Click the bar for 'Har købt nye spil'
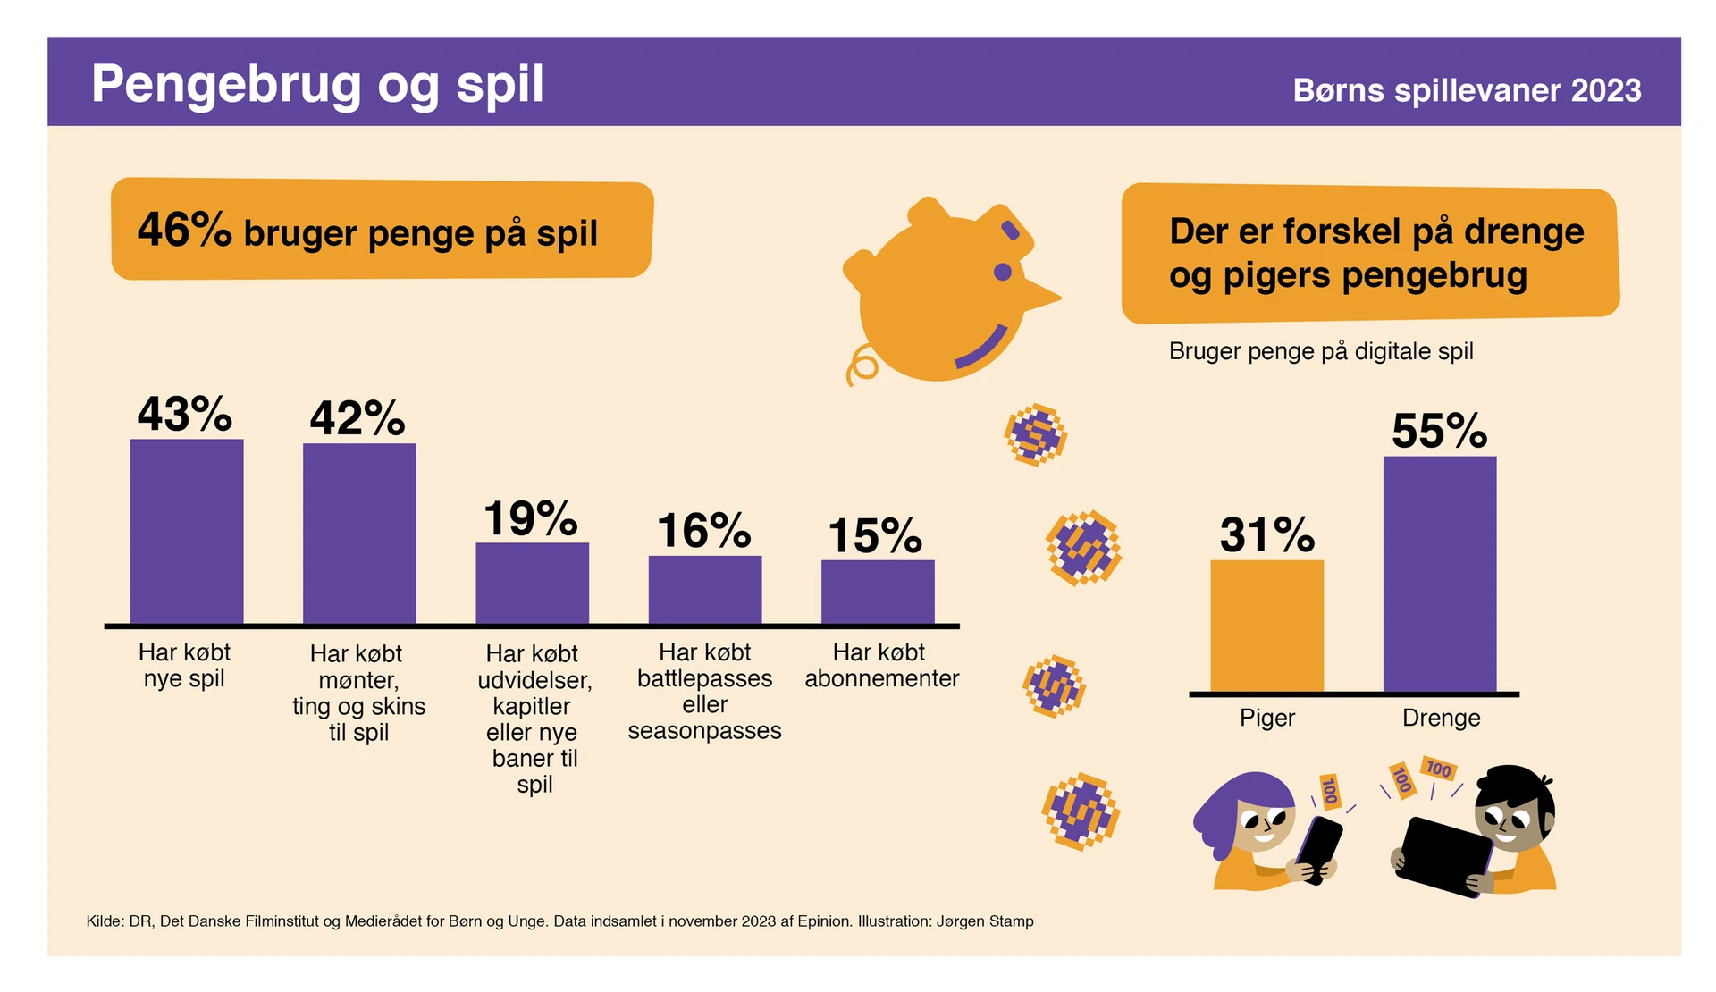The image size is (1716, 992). pos(187,531)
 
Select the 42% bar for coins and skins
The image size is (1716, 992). pos(359,534)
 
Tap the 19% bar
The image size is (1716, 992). pos(532,583)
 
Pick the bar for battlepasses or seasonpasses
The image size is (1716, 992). pos(705,590)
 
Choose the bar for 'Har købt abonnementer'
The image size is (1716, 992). pos(878,592)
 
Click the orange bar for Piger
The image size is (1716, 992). pos(1266,626)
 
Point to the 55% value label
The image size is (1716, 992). pos(1439,432)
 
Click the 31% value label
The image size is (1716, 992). pos(1266,535)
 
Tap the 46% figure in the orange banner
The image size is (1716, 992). pos(184,230)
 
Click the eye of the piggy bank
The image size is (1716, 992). pos(1003,272)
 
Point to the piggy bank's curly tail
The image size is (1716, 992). pos(862,366)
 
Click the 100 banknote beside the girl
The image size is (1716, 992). pos(1330,791)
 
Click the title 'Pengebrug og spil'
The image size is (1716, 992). pos(317,84)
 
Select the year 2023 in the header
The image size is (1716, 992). pos(1606,90)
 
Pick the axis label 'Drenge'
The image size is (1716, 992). pos(1441,718)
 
